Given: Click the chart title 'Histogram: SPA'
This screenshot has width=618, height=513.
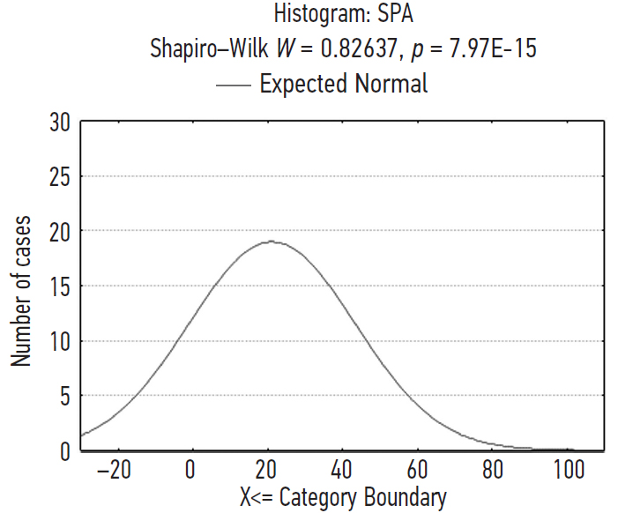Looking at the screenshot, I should (343, 15).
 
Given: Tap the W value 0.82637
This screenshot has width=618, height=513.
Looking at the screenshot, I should (345, 48).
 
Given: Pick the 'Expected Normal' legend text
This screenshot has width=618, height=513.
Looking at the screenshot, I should (344, 84).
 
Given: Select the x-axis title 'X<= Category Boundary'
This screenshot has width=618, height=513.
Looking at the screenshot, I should (343, 497).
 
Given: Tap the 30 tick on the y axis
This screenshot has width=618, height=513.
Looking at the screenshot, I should (59, 122).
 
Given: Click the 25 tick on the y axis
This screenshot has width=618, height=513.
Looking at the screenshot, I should (59, 176).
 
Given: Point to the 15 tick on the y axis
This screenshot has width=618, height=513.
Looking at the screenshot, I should (59, 286).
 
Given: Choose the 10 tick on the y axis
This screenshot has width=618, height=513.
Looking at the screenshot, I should (59, 341).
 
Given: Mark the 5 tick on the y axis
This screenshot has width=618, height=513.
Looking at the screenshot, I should (64, 396).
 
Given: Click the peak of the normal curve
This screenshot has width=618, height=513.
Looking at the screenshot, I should (271, 241).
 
